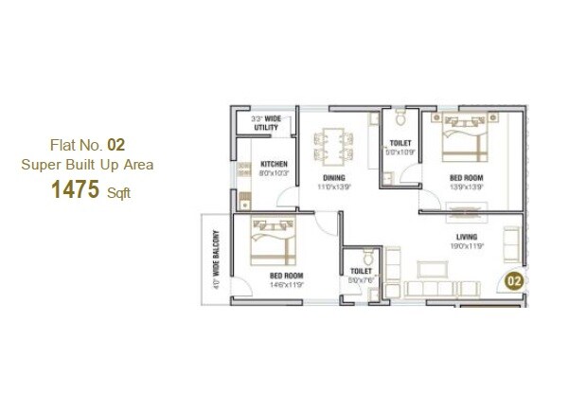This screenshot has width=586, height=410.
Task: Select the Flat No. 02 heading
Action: click(x=87, y=145)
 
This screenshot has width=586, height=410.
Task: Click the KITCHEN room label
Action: click(x=274, y=164)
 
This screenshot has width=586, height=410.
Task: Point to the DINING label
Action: click(x=331, y=177)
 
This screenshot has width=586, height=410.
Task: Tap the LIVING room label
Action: click(x=465, y=237)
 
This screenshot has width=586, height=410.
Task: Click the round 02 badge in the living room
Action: click(x=513, y=281)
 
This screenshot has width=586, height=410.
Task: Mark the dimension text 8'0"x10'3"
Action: click(x=274, y=174)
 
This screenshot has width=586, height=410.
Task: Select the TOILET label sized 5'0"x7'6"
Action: click(x=361, y=271)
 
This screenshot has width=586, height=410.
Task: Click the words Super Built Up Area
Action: click(x=87, y=164)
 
